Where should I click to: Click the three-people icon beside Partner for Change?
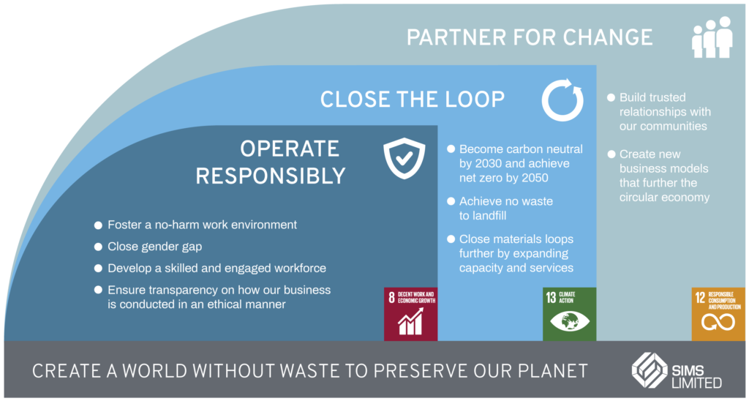tap(712, 37)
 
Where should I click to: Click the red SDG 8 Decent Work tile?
tap(410, 314)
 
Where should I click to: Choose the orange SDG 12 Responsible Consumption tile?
tap(718, 314)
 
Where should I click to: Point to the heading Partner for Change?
tap(530, 37)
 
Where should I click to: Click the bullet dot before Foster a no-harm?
tap(98, 225)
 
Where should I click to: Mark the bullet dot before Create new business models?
tap(610, 154)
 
